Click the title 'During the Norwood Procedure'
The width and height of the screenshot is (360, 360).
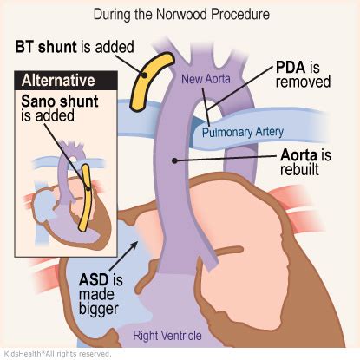pos(180,14)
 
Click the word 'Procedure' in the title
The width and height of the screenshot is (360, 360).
pos(234,14)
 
